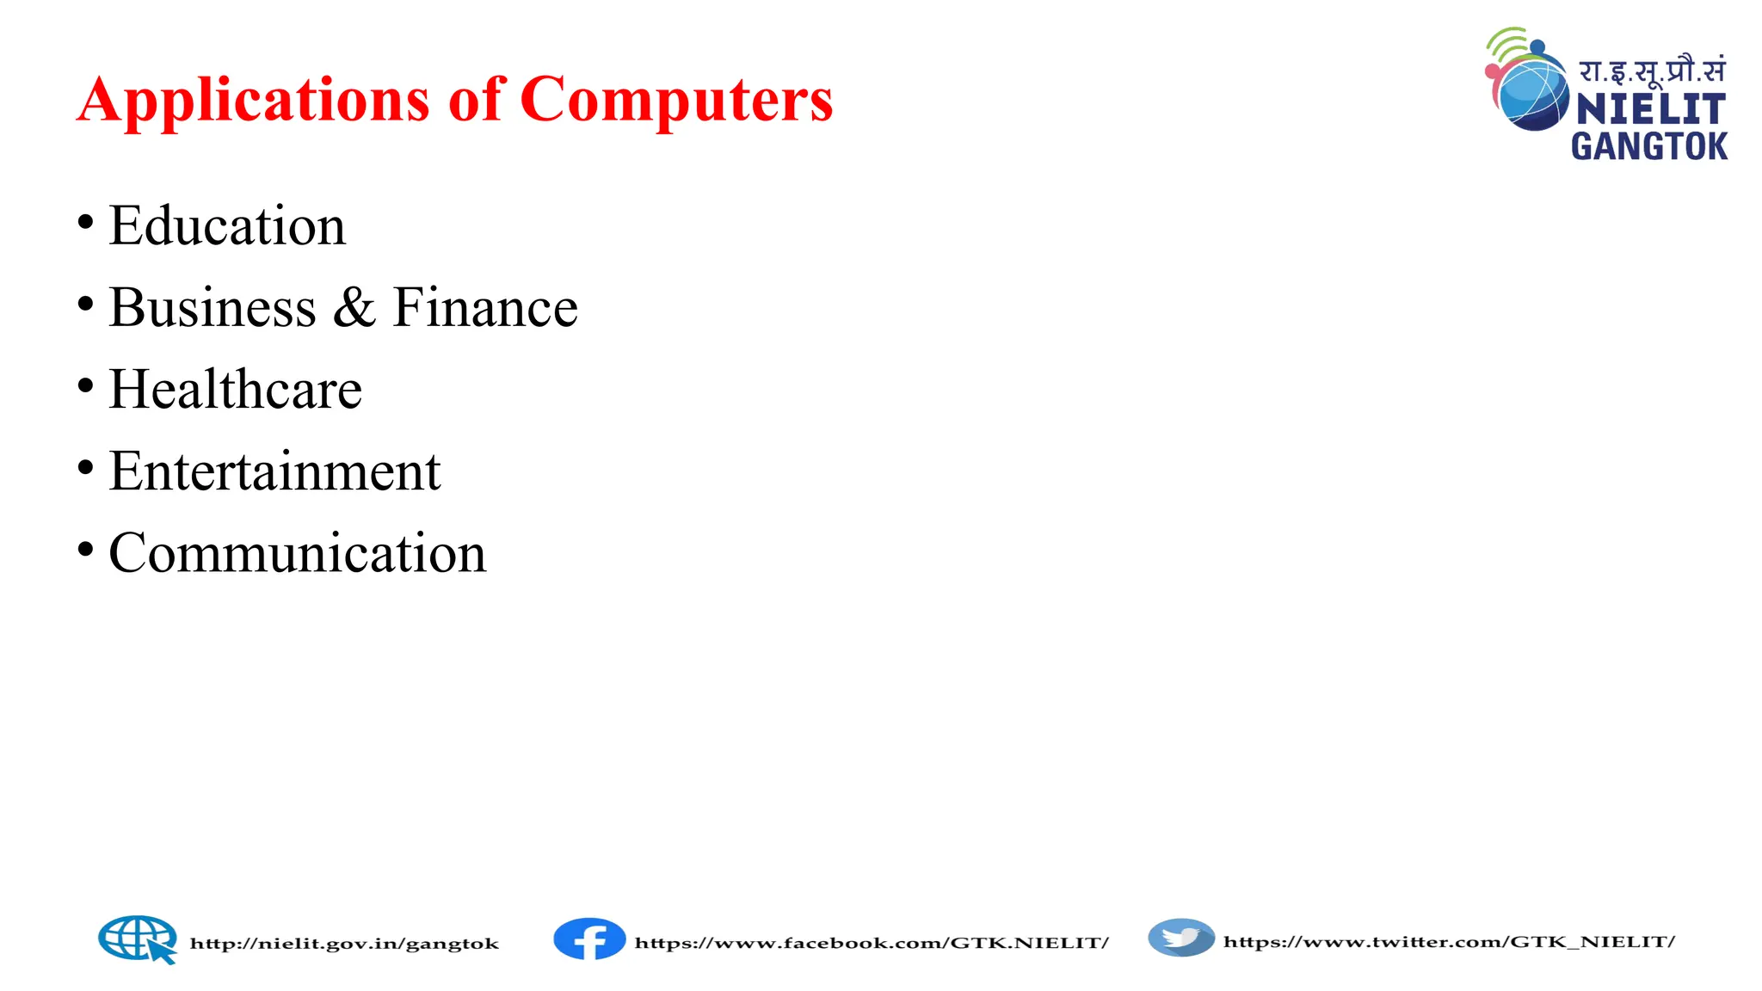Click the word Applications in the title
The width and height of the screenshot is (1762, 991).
click(x=253, y=102)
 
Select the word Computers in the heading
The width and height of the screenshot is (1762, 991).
click(x=676, y=102)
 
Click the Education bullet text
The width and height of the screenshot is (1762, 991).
click(x=227, y=226)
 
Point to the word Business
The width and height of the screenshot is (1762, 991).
click(x=213, y=308)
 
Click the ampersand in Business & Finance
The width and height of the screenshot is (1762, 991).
click(x=354, y=308)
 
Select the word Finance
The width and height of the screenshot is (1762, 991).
click(x=485, y=308)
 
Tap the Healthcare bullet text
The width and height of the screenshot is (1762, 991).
click(x=236, y=390)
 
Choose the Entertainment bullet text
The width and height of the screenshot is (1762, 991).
click(x=274, y=471)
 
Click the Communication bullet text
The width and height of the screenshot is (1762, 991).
click(x=298, y=553)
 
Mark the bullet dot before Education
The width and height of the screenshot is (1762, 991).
click(x=85, y=222)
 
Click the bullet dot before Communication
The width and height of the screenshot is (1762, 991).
click(x=85, y=549)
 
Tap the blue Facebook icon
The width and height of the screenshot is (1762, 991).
click(x=589, y=939)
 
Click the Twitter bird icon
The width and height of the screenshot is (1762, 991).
click(x=1181, y=938)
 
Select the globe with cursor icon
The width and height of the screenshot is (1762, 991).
click(x=138, y=939)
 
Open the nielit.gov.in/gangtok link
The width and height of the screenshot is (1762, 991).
click(x=344, y=944)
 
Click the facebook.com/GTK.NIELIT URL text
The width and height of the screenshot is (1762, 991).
click(x=872, y=943)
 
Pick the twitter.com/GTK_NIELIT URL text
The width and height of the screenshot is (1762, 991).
click(x=1449, y=942)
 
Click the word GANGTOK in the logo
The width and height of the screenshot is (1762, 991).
click(x=1649, y=147)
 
